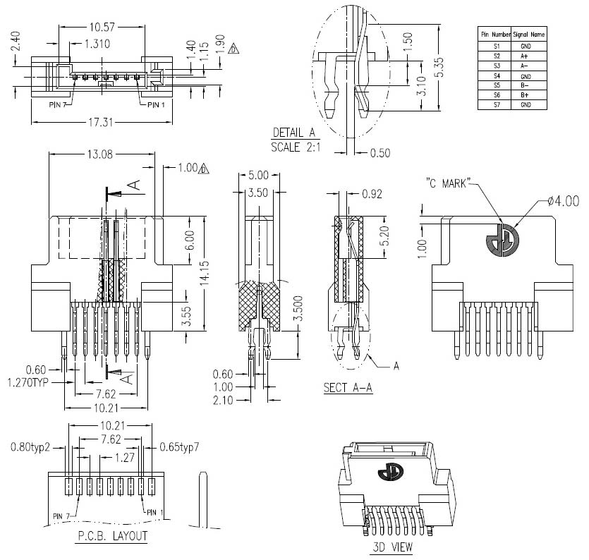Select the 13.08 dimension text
101,154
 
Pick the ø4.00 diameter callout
562,201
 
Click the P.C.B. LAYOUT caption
111,536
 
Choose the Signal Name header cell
528,34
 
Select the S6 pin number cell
496,95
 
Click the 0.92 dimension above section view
372,193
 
